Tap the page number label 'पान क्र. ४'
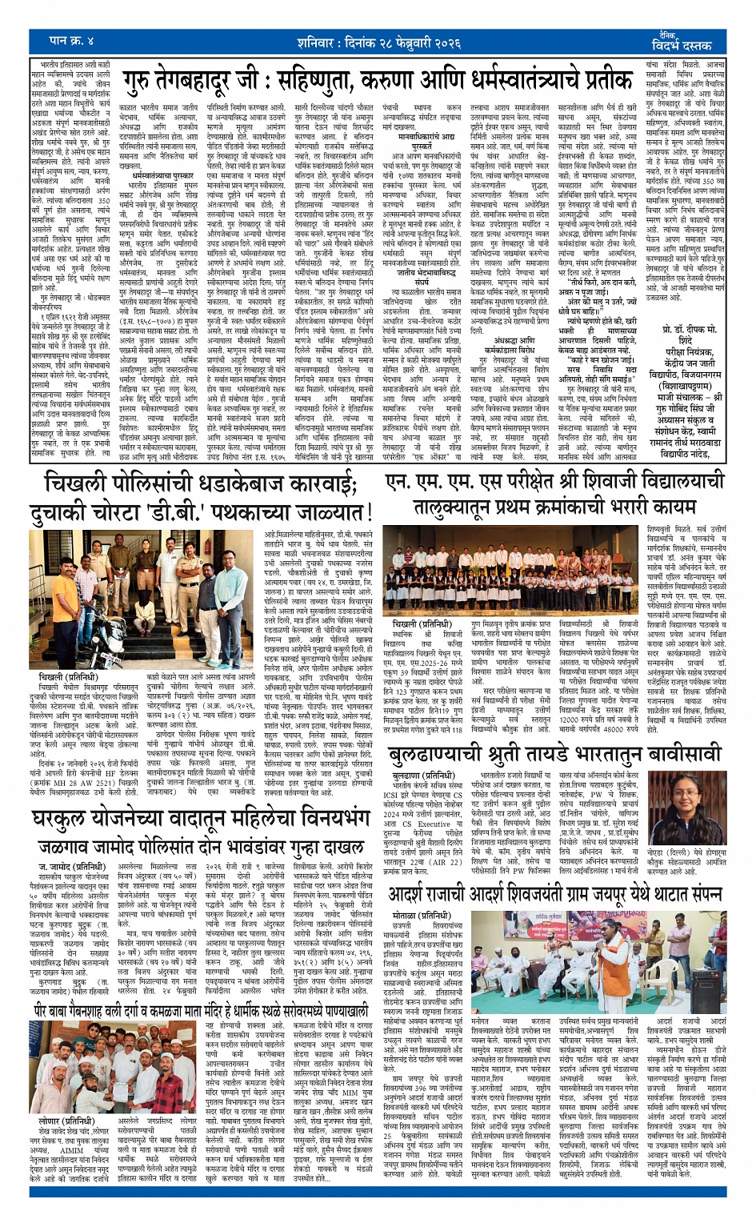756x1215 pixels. (71, 40)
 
